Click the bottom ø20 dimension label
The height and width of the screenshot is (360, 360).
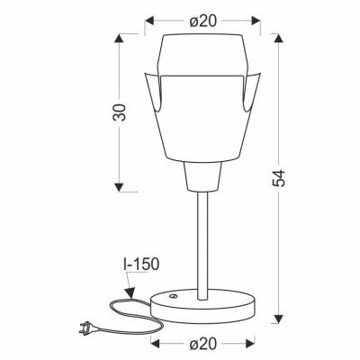pos(205,344)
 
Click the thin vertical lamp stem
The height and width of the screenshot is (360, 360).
pos(204,243)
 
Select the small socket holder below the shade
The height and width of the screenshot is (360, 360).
pos(203,178)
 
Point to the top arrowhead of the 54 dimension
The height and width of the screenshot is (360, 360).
pos(278,40)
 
